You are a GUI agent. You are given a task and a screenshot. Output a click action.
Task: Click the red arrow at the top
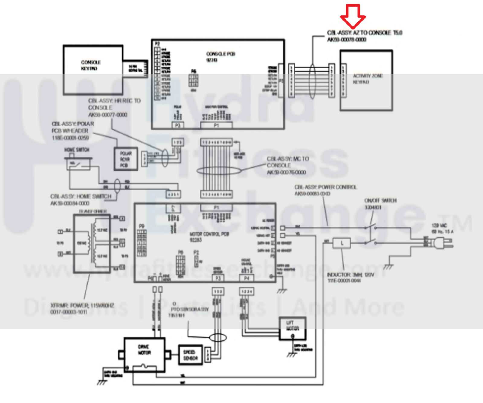(x=353, y=16)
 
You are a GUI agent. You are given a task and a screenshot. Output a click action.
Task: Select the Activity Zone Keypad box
(x=366, y=80)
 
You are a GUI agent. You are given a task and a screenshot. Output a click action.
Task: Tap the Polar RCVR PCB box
(x=126, y=159)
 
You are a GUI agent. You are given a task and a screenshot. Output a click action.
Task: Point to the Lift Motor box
(x=292, y=328)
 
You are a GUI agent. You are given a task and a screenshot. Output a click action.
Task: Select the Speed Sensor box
(x=190, y=355)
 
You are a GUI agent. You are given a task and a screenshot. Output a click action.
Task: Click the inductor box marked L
(x=342, y=243)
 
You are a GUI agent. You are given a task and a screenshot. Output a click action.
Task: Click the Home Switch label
(x=77, y=150)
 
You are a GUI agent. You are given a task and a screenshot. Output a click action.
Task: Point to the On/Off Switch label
(x=380, y=200)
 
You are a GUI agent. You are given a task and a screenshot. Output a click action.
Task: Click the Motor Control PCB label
(x=209, y=234)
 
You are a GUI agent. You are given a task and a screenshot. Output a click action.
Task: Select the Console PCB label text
(x=221, y=54)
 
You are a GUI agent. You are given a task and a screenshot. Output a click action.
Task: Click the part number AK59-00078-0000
(x=346, y=40)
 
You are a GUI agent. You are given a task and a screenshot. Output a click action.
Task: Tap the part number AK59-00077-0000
(x=108, y=115)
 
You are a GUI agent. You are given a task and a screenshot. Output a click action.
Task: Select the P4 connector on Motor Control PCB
(x=246, y=278)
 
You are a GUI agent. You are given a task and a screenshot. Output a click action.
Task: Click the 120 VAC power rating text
(x=439, y=226)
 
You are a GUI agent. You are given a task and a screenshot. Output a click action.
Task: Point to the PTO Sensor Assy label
(x=190, y=309)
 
